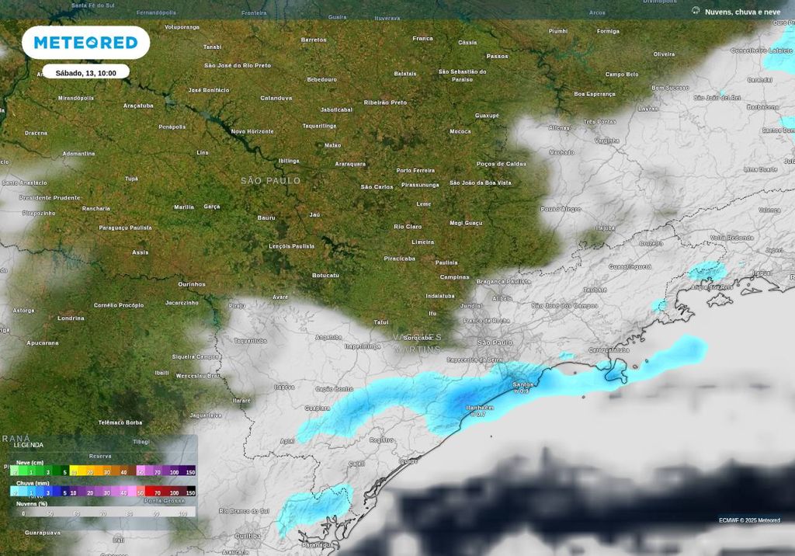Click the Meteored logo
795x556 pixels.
point(85,43)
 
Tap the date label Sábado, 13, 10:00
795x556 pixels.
point(85,72)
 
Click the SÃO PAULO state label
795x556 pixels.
point(270,181)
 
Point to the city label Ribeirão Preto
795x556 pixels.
point(385,103)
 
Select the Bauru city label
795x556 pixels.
point(266,217)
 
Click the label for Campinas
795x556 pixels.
point(455,277)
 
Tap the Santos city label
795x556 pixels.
point(523,384)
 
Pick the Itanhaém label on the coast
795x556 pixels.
point(479,408)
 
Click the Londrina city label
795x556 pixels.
point(71,318)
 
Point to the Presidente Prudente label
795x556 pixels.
point(50,198)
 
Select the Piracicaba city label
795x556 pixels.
point(399,259)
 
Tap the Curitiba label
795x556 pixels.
point(248,536)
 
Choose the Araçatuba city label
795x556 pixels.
point(138,106)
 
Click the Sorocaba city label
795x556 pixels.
point(418,338)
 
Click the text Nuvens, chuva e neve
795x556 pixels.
point(742,12)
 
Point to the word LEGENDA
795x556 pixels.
point(29,445)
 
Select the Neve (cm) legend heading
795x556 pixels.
point(28,463)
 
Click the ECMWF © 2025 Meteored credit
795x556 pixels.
point(749,520)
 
